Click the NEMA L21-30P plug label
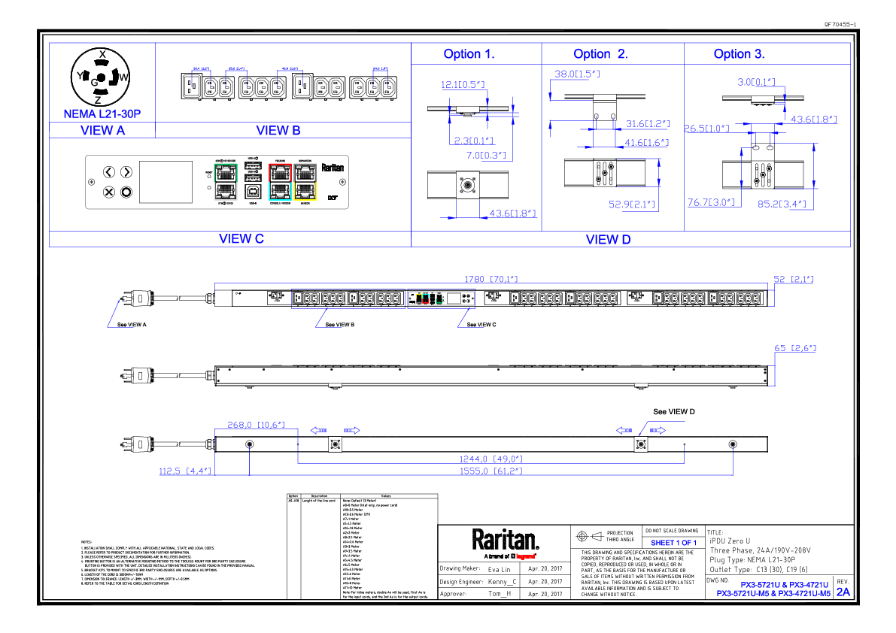coord(102,114)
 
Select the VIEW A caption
coord(102,131)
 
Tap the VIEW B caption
coord(278,131)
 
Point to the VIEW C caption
coord(241,239)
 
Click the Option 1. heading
coord(469,54)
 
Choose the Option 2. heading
coord(600,54)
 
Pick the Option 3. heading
coord(739,54)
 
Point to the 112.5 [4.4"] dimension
coord(184,471)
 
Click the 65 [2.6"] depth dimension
coord(795,349)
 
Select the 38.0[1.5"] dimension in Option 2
coord(576,74)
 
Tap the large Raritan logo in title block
coord(505,540)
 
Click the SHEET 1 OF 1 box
coord(673,543)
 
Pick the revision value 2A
coord(843,592)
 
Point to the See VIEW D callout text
coord(674,412)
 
